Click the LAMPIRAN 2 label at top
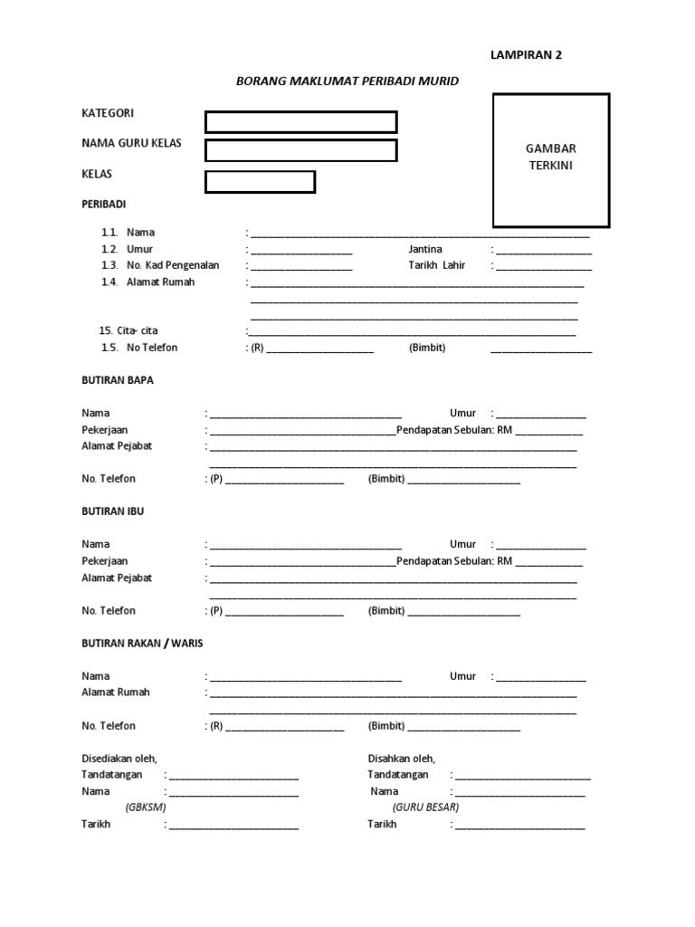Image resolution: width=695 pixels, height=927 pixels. pyautogui.click(x=526, y=54)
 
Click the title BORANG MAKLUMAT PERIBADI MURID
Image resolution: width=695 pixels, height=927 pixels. pyautogui.click(x=347, y=81)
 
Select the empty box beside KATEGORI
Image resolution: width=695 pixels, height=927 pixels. pyautogui.click(x=300, y=122)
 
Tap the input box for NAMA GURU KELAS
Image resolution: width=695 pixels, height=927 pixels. pyautogui.click(x=300, y=150)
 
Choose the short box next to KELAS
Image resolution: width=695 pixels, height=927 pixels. pyautogui.click(x=260, y=182)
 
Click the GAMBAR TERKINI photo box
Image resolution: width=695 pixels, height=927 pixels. pyautogui.click(x=551, y=159)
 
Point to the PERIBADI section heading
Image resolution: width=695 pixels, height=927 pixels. pyautogui.click(x=104, y=205)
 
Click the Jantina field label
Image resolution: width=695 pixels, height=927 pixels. pyautogui.click(x=426, y=249)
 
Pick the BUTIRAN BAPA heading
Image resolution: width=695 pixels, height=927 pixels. pyautogui.click(x=118, y=380)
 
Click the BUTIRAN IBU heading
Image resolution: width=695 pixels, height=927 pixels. pyautogui.click(x=113, y=511)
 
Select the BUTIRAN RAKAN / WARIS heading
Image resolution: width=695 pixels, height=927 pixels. pyautogui.click(x=142, y=643)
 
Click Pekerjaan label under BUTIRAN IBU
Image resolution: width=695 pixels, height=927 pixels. pyautogui.click(x=105, y=561)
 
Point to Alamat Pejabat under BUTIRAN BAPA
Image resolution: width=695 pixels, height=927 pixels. pyautogui.click(x=117, y=446)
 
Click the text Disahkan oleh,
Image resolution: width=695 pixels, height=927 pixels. pyautogui.click(x=402, y=759)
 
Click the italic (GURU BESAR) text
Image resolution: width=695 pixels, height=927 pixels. pyautogui.click(x=426, y=807)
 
